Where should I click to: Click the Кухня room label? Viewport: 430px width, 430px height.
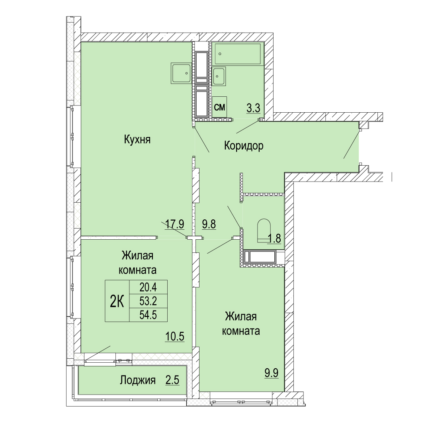(x=137, y=140)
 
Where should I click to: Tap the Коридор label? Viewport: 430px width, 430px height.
(x=244, y=146)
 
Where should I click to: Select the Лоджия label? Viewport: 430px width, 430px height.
(x=138, y=380)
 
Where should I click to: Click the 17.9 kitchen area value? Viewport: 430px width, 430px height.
(x=175, y=224)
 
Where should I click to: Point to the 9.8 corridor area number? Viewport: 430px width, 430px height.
(x=209, y=224)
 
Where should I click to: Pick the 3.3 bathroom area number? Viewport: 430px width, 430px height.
(x=253, y=108)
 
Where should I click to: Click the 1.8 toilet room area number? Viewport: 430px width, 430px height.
(x=274, y=238)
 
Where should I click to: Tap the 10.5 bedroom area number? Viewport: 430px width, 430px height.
(x=175, y=336)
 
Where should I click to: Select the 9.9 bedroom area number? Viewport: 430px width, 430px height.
(x=272, y=373)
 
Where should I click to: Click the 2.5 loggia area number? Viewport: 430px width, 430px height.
(x=172, y=380)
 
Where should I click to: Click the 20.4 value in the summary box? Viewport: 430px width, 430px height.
(x=148, y=287)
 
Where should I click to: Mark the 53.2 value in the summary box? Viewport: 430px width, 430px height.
(x=148, y=301)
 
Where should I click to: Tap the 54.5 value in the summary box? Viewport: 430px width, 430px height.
(x=148, y=315)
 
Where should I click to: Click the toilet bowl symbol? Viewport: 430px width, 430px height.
(x=264, y=231)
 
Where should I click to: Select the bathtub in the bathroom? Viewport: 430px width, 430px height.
(x=237, y=54)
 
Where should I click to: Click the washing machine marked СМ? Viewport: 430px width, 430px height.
(x=219, y=107)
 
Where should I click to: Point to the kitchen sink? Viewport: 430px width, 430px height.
(x=181, y=73)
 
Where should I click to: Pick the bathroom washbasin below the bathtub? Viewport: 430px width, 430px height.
(x=219, y=76)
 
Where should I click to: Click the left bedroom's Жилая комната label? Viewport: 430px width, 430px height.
(x=137, y=263)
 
